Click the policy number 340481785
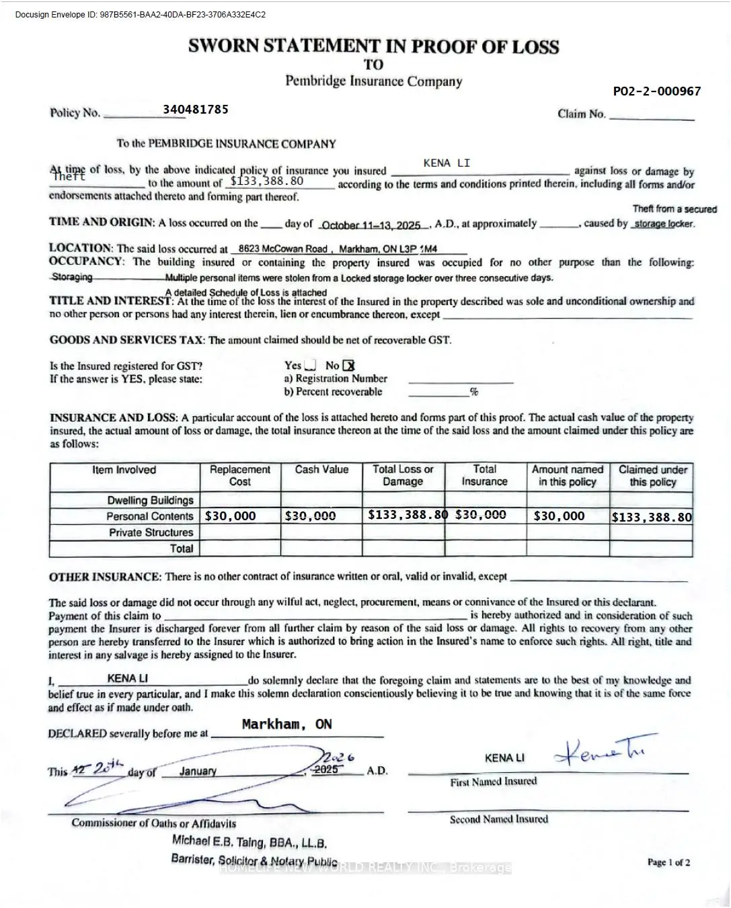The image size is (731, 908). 195,110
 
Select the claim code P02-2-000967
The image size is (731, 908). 656,91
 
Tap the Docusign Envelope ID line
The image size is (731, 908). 140,14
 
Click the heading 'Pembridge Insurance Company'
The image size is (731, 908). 373,81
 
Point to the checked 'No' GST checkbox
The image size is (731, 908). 348,366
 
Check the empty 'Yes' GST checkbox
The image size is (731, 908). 310,366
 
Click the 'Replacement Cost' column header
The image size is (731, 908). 240,475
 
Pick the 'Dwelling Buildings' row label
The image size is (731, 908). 150,500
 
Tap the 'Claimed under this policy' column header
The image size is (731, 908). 652,475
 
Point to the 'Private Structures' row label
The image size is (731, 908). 151,532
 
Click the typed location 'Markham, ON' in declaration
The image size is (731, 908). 286,725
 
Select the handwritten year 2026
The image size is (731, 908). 338,757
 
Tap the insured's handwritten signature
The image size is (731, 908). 603,751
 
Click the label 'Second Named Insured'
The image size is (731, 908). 498,819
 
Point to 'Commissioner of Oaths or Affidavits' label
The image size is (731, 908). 153,823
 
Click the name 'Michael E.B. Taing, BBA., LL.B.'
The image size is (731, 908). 249,841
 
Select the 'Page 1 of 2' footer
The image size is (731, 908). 668,862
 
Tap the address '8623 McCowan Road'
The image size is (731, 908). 282,249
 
